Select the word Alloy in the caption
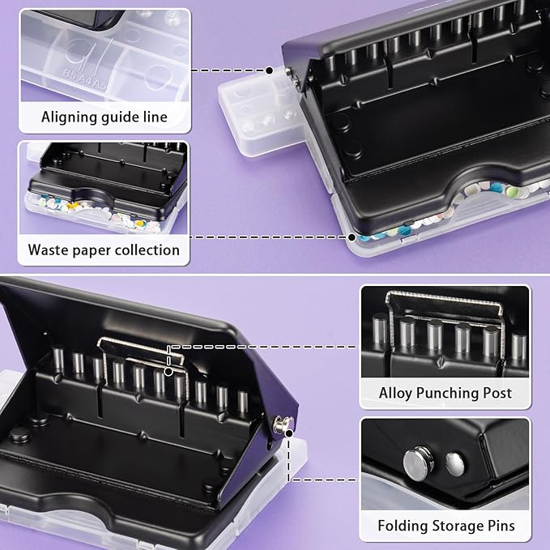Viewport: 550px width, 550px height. (x=398, y=393)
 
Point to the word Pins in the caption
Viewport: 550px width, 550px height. (x=498, y=527)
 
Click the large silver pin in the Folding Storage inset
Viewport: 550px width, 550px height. (x=419, y=463)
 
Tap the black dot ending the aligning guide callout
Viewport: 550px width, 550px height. (x=270, y=70)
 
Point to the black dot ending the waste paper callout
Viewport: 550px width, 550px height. (x=352, y=237)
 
